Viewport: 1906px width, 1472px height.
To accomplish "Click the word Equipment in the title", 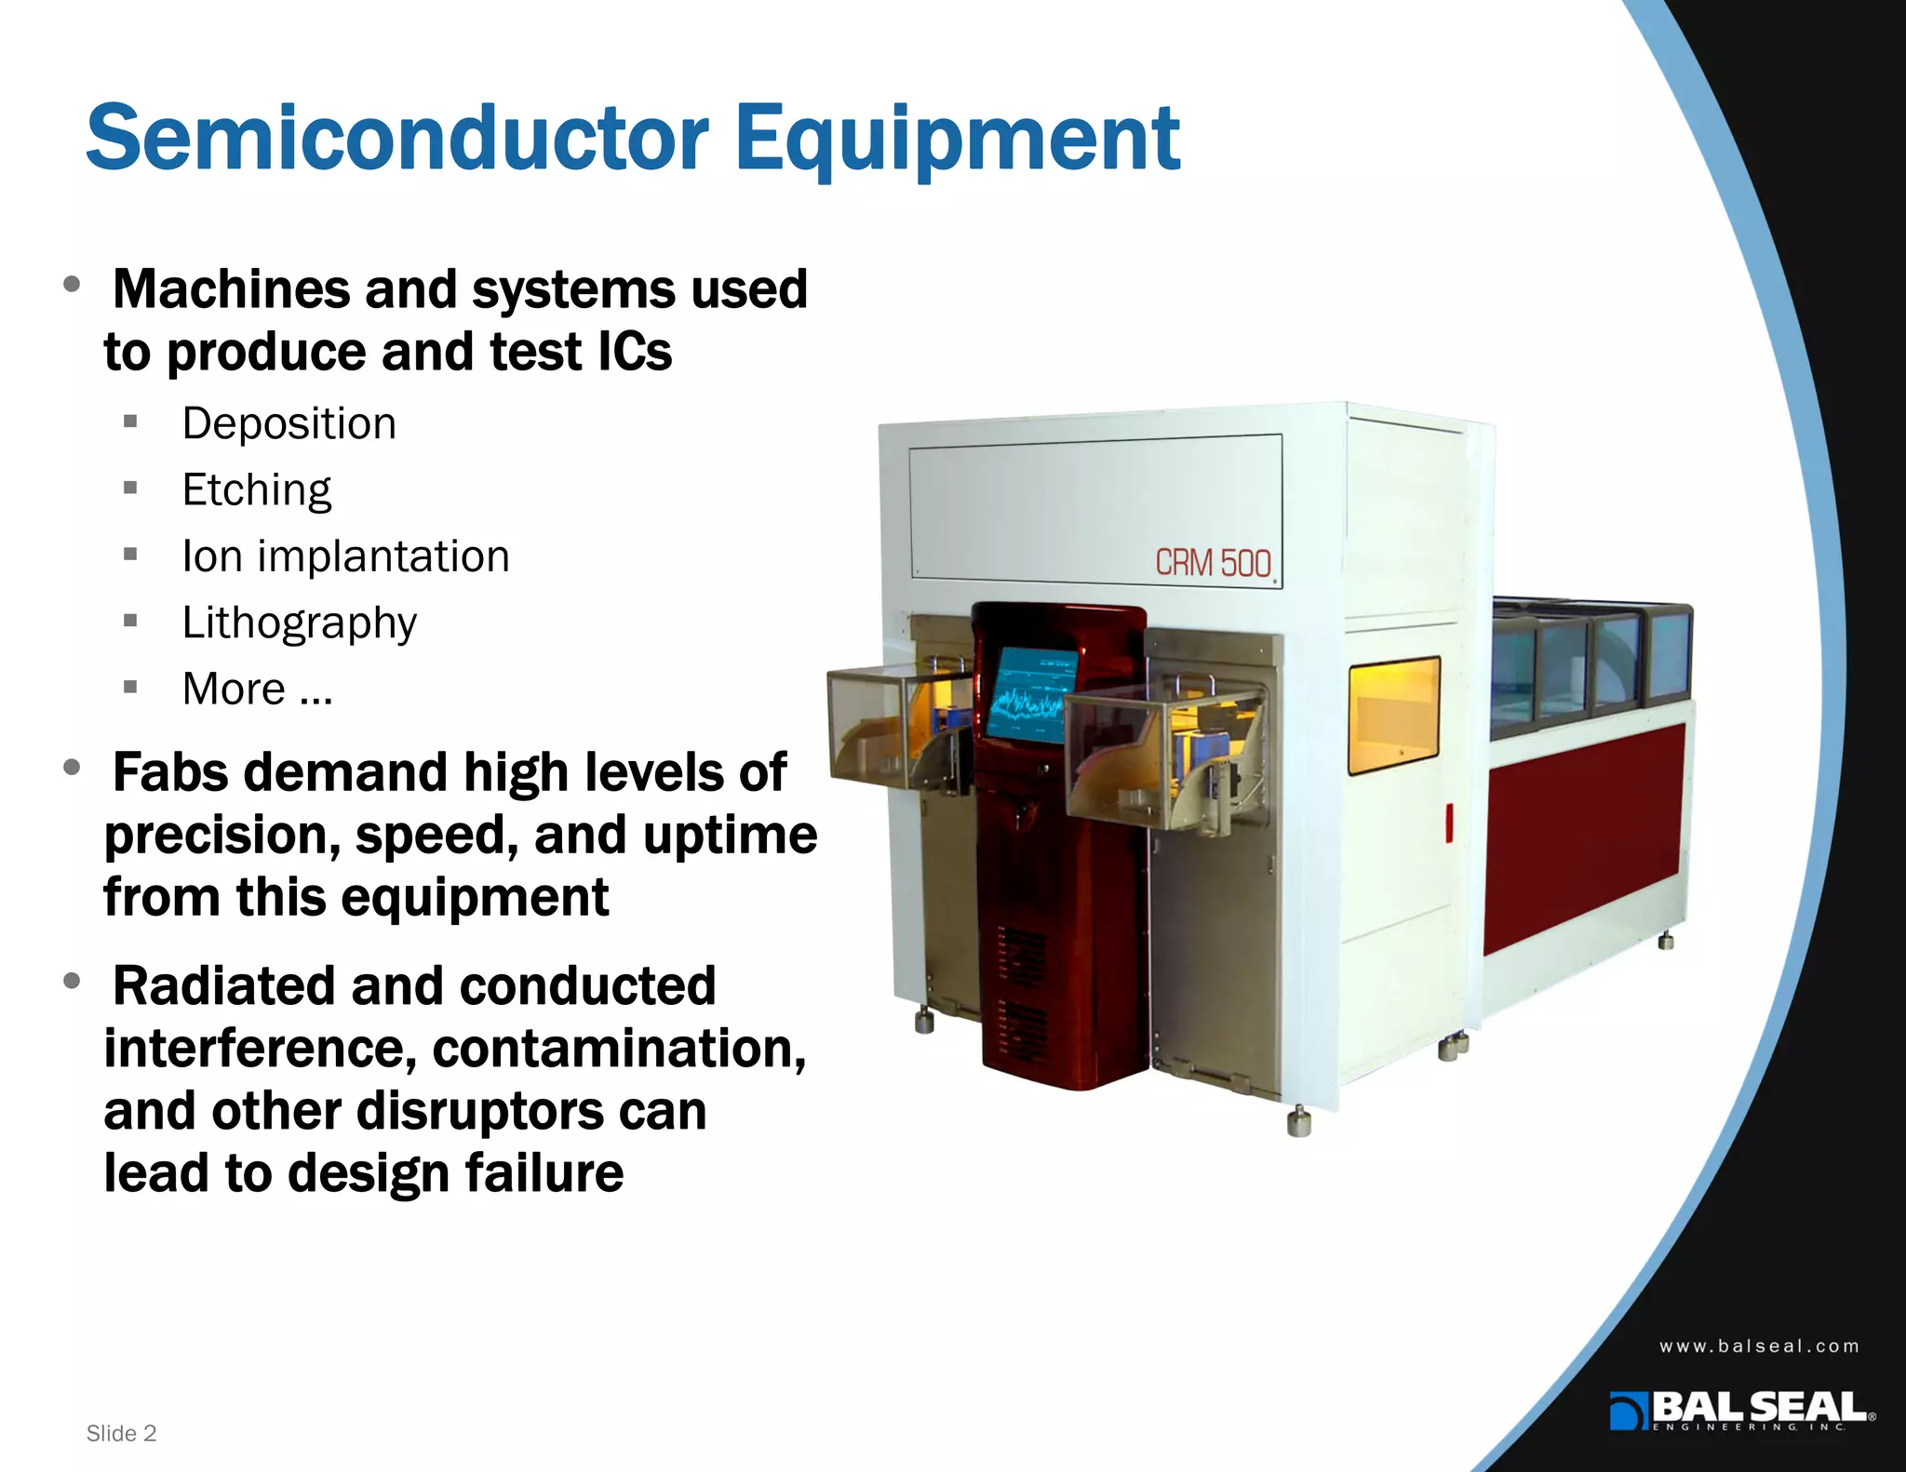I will coord(958,140).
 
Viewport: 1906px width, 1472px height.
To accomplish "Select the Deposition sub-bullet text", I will coord(289,424).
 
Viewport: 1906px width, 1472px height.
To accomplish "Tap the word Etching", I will coord(257,490).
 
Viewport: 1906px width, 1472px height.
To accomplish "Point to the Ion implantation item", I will coord(345,556).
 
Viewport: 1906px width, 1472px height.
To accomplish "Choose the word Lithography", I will coord(300,623).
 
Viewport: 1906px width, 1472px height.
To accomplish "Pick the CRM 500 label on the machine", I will coord(1213,563).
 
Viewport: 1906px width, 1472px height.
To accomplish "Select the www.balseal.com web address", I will coord(1759,1346).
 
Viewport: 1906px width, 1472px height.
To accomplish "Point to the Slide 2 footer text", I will coord(121,1433).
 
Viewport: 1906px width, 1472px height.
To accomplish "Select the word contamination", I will coord(619,1049).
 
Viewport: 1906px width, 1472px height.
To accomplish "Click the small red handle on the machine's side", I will coord(1449,823).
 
